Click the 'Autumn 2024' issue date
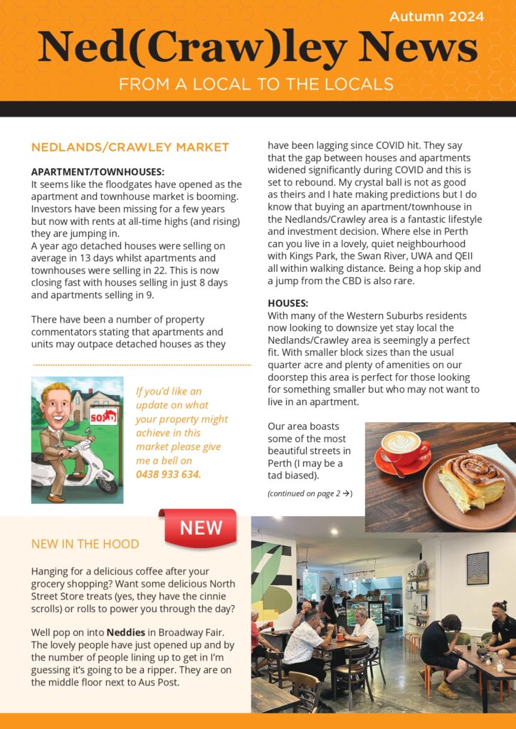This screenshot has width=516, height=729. click(437, 16)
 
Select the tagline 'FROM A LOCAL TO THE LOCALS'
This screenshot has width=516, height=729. click(256, 84)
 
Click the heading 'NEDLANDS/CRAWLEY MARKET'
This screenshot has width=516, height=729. click(130, 147)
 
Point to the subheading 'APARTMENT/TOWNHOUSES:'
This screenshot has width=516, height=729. click(98, 172)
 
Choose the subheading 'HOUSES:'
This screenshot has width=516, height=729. click(283, 303)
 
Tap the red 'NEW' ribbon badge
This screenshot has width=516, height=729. click(201, 528)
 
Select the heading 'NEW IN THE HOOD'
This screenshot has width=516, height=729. click(85, 545)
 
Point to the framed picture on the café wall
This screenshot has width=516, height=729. click(478, 568)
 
